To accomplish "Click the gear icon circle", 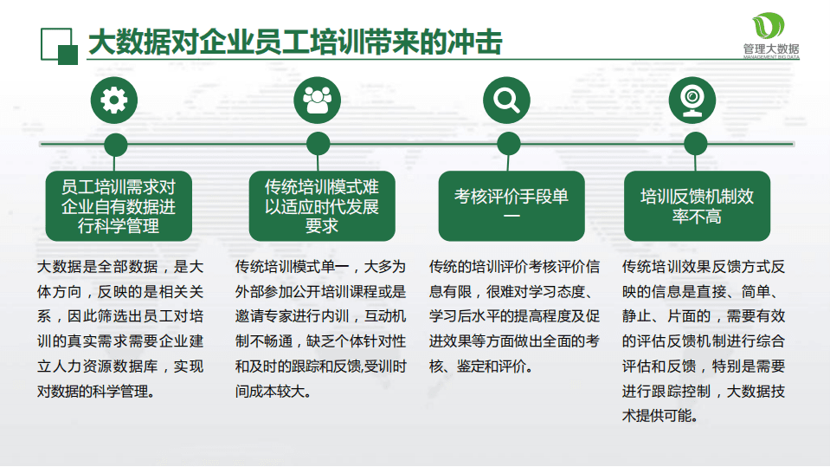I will [x=113, y=100].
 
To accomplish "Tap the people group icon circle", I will [x=317, y=100].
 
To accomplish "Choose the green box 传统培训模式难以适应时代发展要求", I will [x=321, y=206].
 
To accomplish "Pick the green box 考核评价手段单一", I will [x=511, y=206].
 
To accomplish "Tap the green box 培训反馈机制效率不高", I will [x=697, y=206].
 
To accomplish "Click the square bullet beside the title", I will [x=60, y=43].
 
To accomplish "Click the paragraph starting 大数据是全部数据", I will [x=120, y=328].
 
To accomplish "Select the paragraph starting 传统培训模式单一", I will [x=320, y=328].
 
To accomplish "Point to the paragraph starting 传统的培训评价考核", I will [x=514, y=316].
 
